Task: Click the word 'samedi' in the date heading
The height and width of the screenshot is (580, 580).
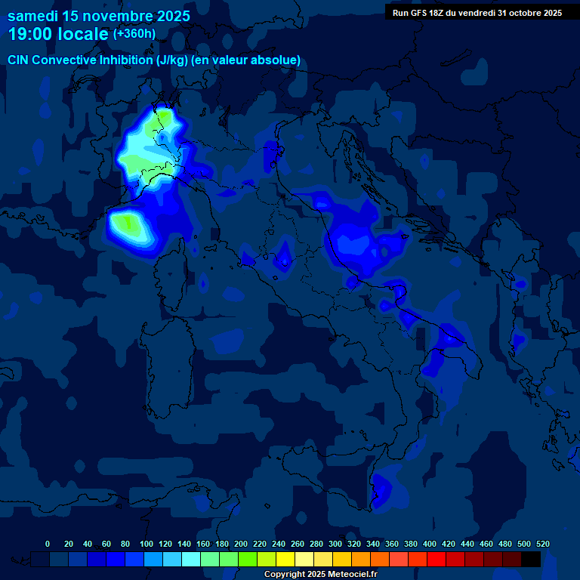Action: click(x=32, y=15)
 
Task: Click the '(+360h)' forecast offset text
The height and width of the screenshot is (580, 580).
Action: click(x=134, y=33)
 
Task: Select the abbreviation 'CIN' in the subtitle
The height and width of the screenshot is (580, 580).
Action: click(x=19, y=60)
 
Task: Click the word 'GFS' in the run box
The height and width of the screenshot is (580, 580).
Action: click(x=420, y=13)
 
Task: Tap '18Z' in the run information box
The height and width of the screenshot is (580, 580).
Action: click(x=440, y=13)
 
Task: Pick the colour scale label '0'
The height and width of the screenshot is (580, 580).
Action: click(x=48, y=544)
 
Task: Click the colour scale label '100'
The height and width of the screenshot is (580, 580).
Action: click(x=147, y=544)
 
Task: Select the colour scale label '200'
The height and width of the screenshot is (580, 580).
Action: click(x=241, y=544)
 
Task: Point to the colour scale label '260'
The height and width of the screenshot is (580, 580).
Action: click(x=298, y=544)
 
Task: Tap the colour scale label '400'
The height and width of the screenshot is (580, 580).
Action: click(x=430, y=544)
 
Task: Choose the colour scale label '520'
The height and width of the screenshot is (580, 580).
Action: click(x=542, y=544)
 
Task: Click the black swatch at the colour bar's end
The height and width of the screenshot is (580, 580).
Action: click(x=531, y=559)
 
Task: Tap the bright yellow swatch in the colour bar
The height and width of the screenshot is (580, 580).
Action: click(x=285, y=559)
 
